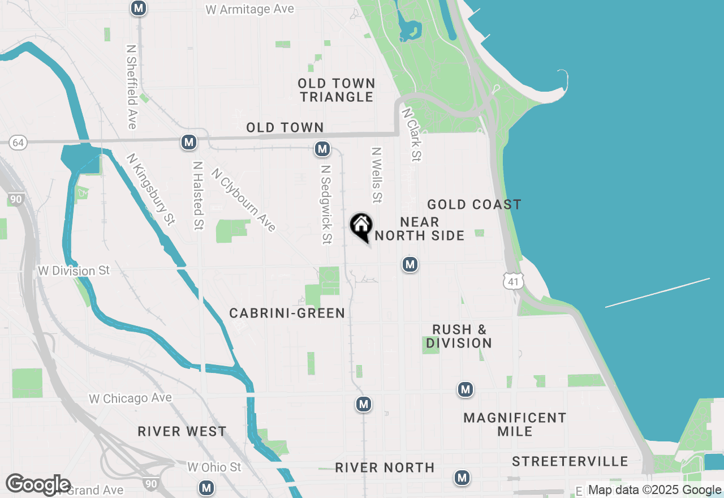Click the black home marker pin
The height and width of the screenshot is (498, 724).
coord(361,226)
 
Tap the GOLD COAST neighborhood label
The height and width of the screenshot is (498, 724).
coord(474,204)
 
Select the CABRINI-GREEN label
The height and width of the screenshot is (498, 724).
coord(287,313)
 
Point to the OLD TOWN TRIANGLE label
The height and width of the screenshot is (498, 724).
coord(337,90)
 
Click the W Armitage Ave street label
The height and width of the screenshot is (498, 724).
coord(249,10)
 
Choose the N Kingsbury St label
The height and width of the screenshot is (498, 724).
coord(150,189)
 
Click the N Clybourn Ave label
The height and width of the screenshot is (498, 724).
coord(244,200)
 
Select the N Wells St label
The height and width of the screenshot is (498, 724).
coord(376,175)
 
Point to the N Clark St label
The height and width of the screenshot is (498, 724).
coord(411,135)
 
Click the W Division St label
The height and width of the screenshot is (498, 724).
coord(74,271)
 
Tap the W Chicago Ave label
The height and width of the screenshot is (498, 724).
coord(130,399)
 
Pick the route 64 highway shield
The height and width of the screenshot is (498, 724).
coord(18,143)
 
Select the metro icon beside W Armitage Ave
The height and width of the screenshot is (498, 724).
coord(139,8)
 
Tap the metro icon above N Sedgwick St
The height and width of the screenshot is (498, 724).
coord(322,149)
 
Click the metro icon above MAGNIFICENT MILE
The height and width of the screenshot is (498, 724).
coord(465,389)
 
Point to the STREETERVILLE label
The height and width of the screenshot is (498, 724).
coord(570,462)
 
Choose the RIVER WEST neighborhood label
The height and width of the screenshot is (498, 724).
coord(182,432)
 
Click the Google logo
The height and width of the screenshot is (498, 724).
coord(38,484)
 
